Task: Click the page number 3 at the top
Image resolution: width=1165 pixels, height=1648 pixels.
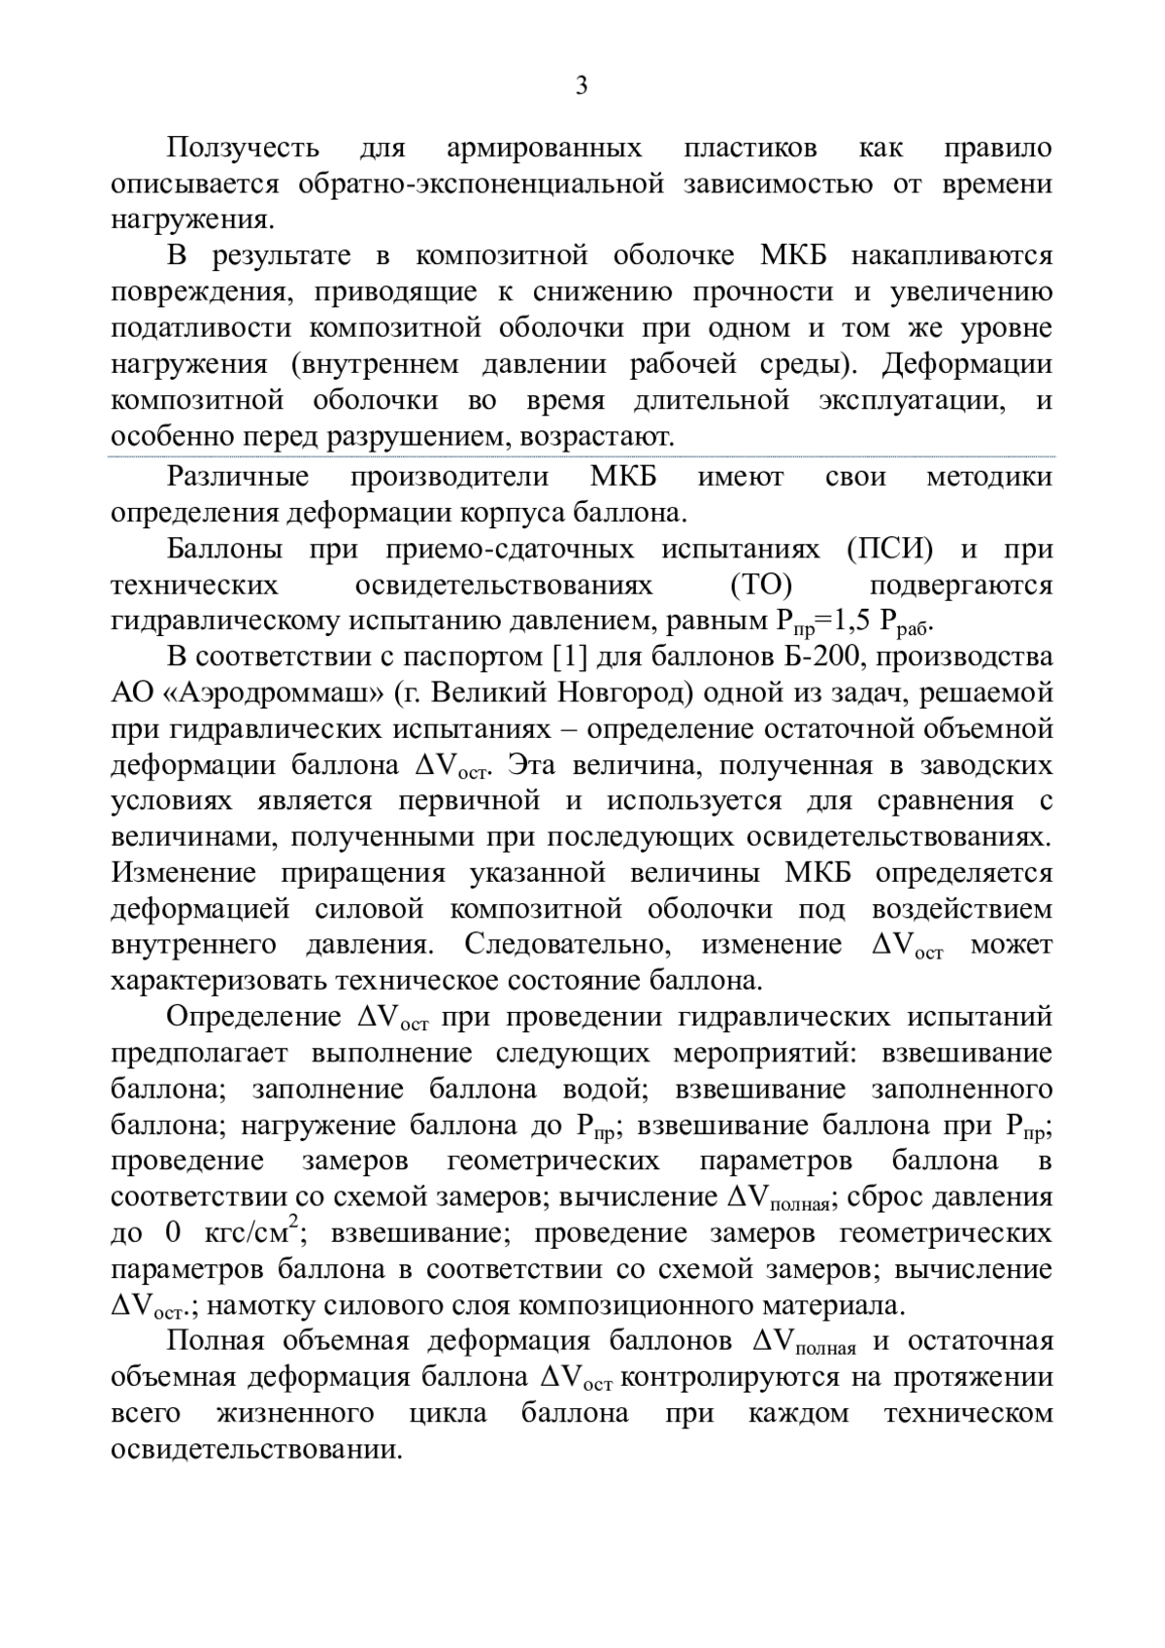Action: click(x=582, y=86)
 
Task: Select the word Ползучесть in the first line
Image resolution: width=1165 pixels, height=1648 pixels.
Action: click(x=242, y=148)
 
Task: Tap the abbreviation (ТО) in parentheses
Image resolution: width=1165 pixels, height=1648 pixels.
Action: click(x=760, y=586)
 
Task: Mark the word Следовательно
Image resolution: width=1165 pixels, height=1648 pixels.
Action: click(x=570, y=945)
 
